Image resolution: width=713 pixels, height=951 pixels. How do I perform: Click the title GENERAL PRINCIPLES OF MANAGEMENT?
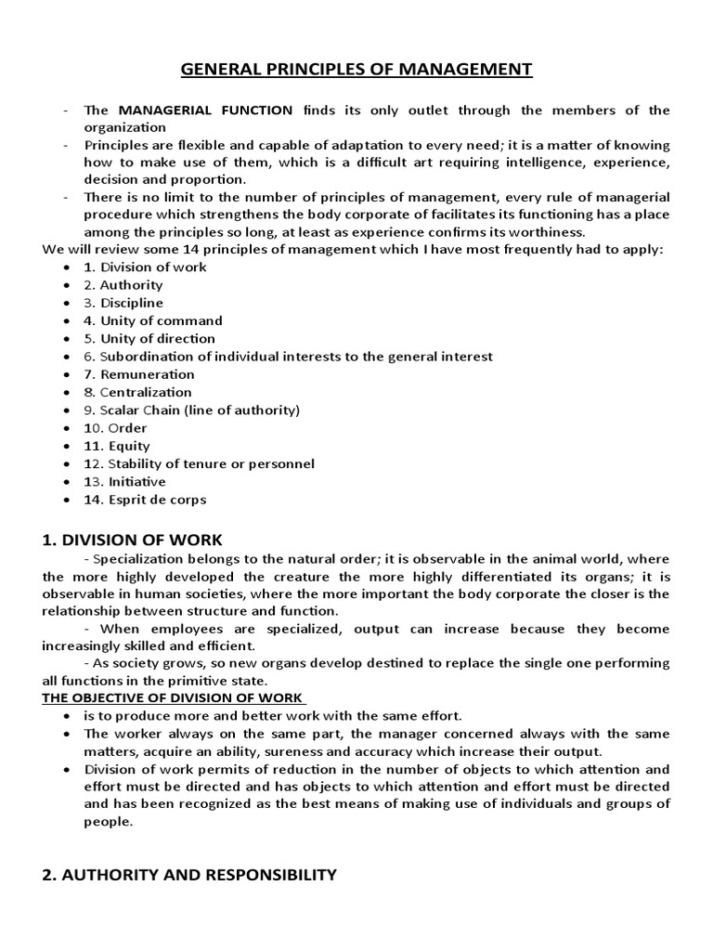click(356, 69)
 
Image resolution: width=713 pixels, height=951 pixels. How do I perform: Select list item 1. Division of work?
click(145, 267)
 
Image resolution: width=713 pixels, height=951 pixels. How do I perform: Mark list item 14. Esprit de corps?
click(145, 500)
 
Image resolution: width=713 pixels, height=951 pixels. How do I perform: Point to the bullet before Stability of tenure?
click(68, 464)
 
